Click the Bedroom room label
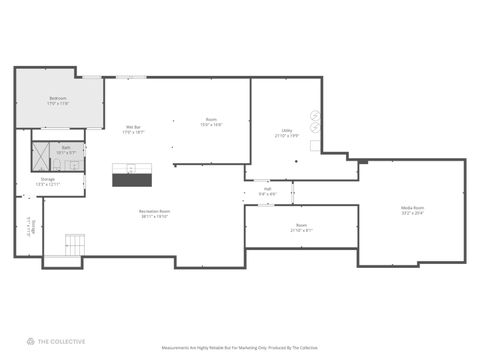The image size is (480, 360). (x=58, y=101)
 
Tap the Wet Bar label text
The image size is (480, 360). (x=132, y=128)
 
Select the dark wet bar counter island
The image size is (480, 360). (x=132, y=179)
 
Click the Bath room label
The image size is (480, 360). (x=67, y=150)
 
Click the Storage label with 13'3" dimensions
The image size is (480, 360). (x=48, y=183)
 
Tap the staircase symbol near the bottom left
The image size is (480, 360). (x=76, y=244)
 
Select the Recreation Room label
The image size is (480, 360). (x=154, y=213)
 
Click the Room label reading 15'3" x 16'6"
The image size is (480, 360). (x=211, y=122)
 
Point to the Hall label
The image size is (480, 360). (x=268, y=191)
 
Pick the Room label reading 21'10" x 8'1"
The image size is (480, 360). (x=301, y=227)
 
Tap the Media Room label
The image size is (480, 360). (x=412, y=210)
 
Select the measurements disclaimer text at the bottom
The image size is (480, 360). (x=239, y=348)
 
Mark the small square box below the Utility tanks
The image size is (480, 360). (x=316, y=146)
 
